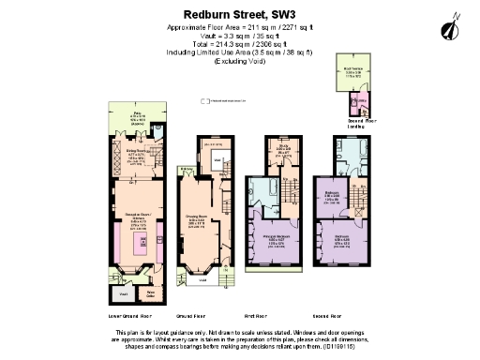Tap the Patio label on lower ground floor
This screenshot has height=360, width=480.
pyautogui.click(x=138, y=116)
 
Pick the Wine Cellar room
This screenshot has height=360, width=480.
pyautogui.click(x=149, y=293)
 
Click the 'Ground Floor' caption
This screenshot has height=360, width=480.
pyautogui.click(x=191, y=316)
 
